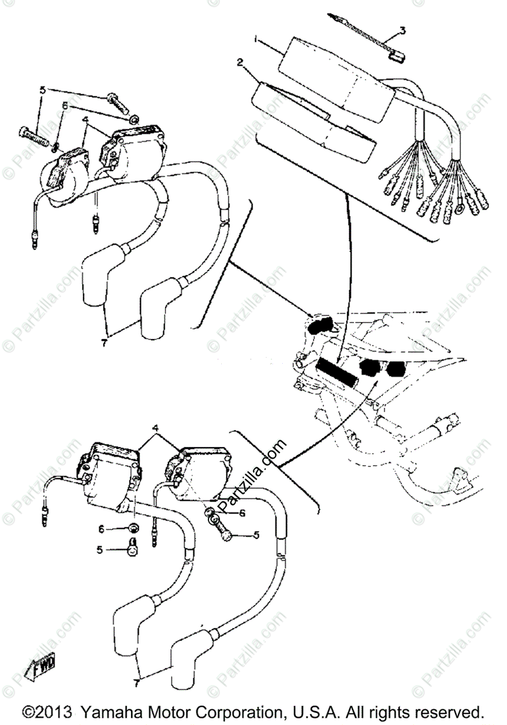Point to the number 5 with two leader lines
[43, 90]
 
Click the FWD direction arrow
[40, 668]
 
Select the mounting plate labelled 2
[314, 121]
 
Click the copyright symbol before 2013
[30, 710]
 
